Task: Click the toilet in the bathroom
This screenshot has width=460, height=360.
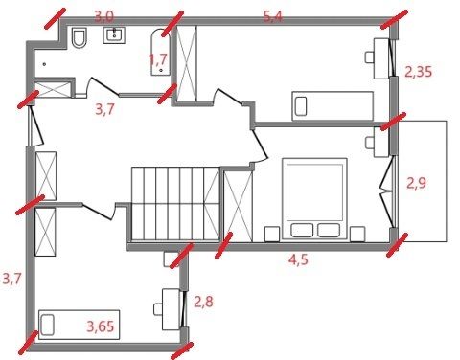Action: coord(80,38)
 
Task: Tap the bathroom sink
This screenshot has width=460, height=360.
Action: coord(114,35)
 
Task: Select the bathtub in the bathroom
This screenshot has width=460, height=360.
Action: coord(160,53)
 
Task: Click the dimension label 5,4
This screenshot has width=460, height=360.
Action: coord(273,17)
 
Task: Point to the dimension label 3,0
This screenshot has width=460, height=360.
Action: coord(104,16)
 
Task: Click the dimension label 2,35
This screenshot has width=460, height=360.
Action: coord(419,72)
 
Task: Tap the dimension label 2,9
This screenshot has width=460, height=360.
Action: coord(416,184)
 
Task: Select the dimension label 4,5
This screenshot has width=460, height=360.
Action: coord(298,259)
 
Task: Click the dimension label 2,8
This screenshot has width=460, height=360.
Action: coord(204,302)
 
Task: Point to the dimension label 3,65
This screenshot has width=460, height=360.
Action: coord(101,326)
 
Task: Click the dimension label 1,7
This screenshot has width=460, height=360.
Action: coord(158,59)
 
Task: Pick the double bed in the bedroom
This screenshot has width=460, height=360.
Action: coord(314,198)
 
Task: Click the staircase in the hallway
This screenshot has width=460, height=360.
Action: coord(175,203)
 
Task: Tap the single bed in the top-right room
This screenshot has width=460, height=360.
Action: coord(333,106)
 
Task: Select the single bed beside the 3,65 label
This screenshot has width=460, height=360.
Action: coord(79,325)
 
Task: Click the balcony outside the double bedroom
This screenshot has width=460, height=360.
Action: coord(422,181)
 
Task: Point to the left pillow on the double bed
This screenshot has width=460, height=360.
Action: coord(302,231)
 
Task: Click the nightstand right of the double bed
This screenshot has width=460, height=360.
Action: coord(357,234)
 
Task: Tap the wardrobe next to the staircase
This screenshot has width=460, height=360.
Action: coord(239,206)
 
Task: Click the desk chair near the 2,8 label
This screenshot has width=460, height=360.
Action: coord(158,309)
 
